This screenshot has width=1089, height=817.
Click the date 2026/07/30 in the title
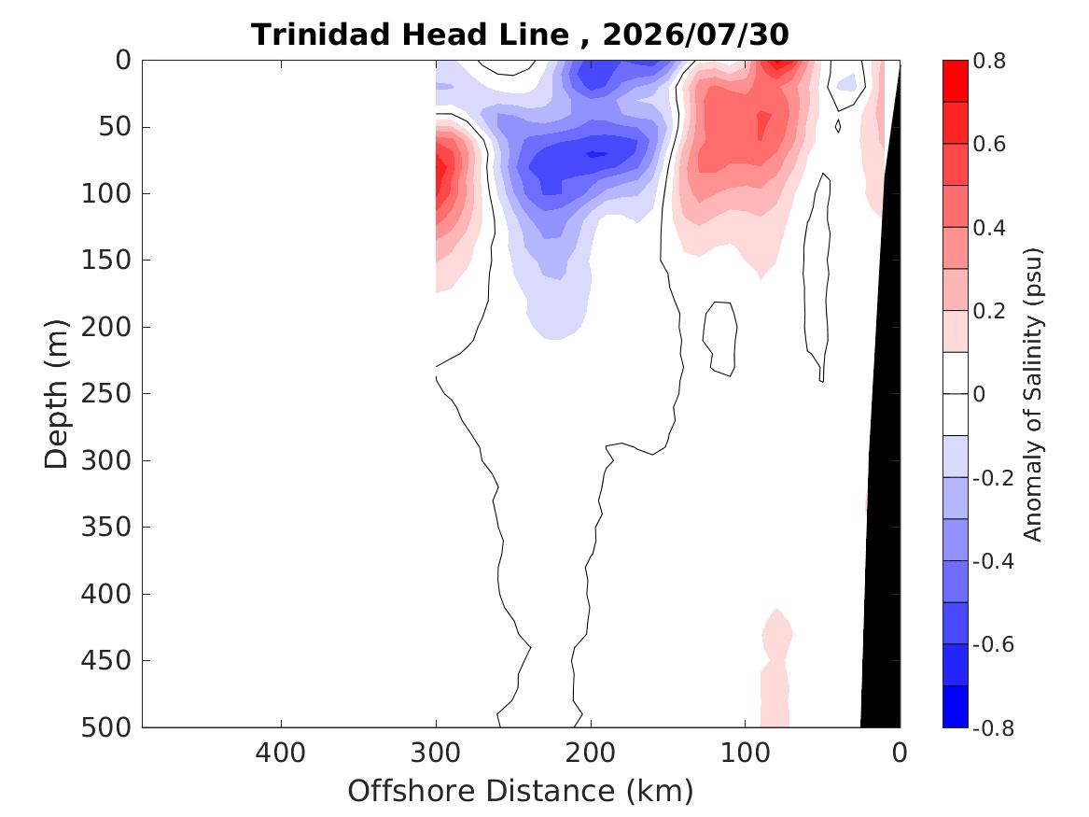695,35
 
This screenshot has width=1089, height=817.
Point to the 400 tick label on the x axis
281,754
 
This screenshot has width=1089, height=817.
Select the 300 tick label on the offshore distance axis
436,754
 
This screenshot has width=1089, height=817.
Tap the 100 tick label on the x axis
746,754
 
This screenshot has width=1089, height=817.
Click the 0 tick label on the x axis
900,754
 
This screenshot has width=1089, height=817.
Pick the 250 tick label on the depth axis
106,393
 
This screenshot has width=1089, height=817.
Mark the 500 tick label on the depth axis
106,727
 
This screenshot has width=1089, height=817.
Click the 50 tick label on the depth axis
115,126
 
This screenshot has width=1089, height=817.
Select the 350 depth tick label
106,527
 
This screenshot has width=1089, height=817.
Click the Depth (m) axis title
56,394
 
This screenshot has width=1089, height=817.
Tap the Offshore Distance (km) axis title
520,791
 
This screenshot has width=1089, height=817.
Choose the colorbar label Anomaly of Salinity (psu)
1033,394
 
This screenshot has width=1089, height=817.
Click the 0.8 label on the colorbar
989,61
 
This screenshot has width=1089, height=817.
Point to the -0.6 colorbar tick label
993,644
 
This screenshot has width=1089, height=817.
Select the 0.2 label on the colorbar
989,311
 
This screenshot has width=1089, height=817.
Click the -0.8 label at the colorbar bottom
993,727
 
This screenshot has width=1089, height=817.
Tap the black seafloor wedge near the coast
884,486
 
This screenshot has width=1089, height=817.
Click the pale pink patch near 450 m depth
775,667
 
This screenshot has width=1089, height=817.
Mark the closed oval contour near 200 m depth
720,338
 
